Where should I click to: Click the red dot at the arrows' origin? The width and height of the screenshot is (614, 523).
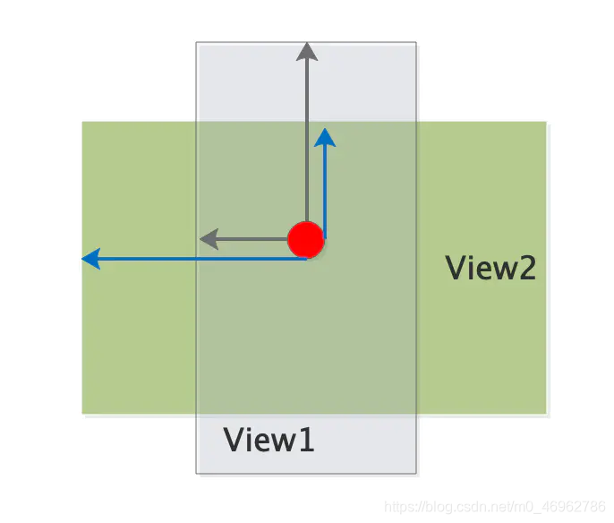pyautogui.click(x=305, y=240)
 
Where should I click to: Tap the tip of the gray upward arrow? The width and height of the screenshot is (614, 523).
pyautogui.click(x=307, y=45)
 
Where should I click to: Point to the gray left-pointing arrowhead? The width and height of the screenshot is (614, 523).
pyautogui.click(x=208, y=239)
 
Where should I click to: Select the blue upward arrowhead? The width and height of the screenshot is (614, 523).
pyautogui.click(x=325, y=137)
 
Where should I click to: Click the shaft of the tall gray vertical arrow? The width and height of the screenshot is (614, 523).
pyautogui.click(x=307, y=134)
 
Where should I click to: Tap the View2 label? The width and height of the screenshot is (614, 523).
pyautogui.click(x=490, y=268)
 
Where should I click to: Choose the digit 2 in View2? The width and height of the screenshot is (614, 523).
pyautogui.click(x=524, y=268)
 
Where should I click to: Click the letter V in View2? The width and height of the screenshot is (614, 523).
pyautogui.click(x=456, y=268)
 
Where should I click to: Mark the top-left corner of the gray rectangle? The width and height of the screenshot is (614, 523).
pyautogui.click(x=197, y=42)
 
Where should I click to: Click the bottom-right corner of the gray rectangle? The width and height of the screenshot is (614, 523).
pyautogui.click(x=416, y=473)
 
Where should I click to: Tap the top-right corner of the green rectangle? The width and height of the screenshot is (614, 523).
pyautogui.click(x=546, y=123)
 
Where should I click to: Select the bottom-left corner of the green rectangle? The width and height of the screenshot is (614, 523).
pyautogui.click(x=82, y=413)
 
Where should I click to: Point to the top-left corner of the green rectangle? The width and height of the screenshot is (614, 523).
pyautogui.click(x=82, y=123)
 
